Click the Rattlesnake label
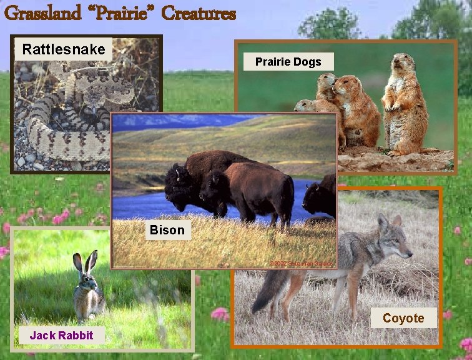pyautogui.click(x=63, y=49)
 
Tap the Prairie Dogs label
pyautogui.click(x=288, y=61)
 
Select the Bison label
pyautogui.click(x=167, y=230)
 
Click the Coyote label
pyautogui.click(x=403, y=318)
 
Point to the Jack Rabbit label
pyautogui.click(x=61, y=335)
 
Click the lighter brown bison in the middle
pyautogui.click(x=256, y=191)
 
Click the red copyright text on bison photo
pyautogui.click(x=302, y=263)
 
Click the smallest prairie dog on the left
pyautogui.click(x=305, y=106)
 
